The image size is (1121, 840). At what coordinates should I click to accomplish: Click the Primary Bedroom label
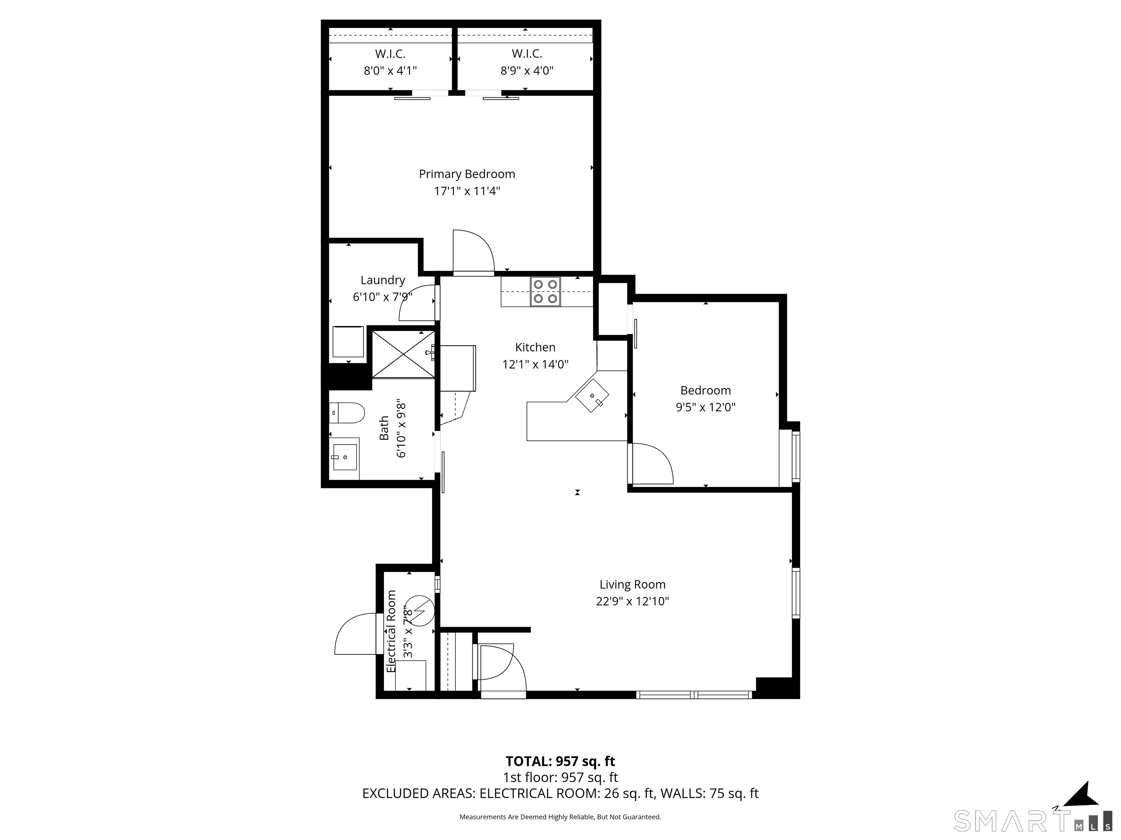coord(467,174)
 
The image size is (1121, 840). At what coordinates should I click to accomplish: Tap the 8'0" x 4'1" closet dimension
coord(390,71)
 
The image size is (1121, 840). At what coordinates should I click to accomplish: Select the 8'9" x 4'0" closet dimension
coord(527,71)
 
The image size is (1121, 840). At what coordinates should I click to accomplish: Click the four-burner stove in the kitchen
coord(545,292)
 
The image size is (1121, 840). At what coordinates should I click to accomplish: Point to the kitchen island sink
coord(592,396)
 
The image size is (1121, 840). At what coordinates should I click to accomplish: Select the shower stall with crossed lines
coord(403,354)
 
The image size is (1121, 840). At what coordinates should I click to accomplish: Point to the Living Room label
coord(632,584)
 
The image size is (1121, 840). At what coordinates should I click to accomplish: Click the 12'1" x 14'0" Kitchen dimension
coord(535,365)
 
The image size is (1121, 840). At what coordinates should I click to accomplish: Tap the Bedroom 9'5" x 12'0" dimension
coord(705,407)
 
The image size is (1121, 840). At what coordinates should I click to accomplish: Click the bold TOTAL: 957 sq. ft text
coord(560,761)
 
